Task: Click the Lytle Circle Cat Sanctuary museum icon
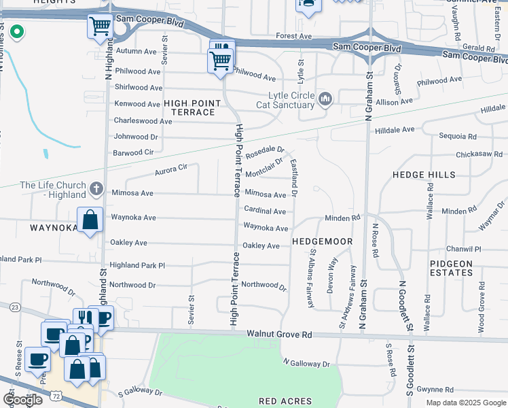325,100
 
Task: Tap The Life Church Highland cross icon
96,188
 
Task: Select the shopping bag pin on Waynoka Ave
90,220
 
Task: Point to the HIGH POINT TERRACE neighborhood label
193,107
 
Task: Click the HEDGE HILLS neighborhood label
424,175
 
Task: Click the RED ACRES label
285,401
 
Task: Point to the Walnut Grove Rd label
279,335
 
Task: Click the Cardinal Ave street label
265,211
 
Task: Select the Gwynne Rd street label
435,390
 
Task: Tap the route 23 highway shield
14,307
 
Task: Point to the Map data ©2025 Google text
465,403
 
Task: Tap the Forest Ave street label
293,35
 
